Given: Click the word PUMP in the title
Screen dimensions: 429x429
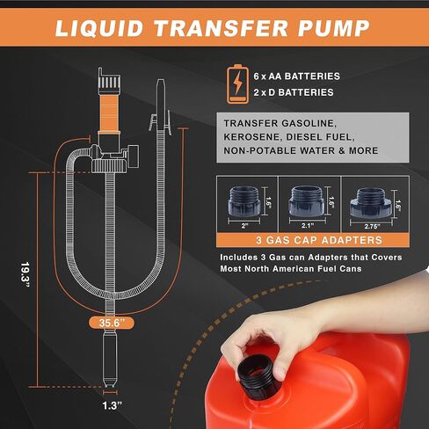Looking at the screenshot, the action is [x=334, y=28].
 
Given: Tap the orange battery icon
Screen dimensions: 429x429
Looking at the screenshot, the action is [x=237, y=84].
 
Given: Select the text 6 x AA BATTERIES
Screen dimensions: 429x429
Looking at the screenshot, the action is [x=297, y=76].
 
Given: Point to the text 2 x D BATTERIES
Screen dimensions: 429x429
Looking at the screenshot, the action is [x=294, y=92].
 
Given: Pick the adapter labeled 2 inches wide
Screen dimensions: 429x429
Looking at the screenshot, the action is [x=244, y=200].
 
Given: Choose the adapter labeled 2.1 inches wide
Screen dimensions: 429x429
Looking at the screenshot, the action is [x=306, y=201].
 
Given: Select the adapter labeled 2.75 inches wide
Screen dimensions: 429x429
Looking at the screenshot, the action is [x=371, y=203].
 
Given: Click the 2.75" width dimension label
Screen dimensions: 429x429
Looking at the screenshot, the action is [x=372, y=226].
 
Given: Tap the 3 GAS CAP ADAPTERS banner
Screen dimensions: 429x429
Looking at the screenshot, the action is [x=313, y=240].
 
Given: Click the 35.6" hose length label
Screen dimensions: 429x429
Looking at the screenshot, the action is [x=112, y=323].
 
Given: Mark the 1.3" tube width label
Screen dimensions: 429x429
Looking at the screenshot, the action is [x=112, y=405].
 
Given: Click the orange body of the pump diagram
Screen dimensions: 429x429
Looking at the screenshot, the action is [x=109, y=113].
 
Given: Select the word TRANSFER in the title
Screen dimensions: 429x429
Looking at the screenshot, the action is [x=222, y=28].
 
